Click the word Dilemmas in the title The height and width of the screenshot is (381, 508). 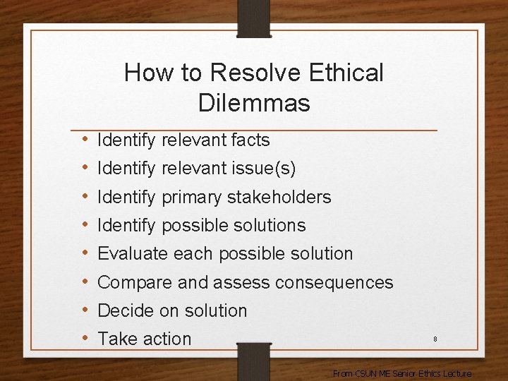click(254, 103)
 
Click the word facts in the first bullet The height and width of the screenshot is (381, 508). click(250, 140)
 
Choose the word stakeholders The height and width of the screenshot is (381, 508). click(282, 197)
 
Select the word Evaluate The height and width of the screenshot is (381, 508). click(133, 254)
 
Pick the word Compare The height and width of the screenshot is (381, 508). click(135, 283)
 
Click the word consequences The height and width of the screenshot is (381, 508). click(334, 282)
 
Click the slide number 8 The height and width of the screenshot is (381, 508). click(435, 339)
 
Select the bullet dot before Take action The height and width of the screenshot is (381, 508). click(84, 339)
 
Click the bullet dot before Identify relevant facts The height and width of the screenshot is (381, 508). click(84, 140)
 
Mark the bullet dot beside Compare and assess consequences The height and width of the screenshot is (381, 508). click(84, 282)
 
